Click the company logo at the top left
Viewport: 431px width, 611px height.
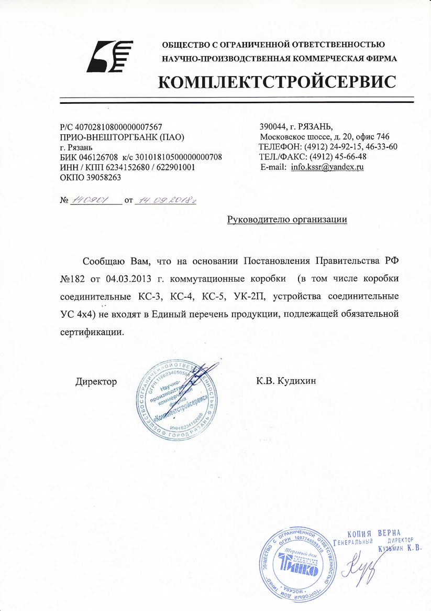[111, 57]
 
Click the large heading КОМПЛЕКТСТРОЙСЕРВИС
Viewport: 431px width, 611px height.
[278, 82]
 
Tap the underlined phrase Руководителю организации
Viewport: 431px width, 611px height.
[287, 219]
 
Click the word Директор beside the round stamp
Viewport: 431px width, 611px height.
[96, 381]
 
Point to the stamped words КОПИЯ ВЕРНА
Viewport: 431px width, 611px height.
[373, 532]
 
